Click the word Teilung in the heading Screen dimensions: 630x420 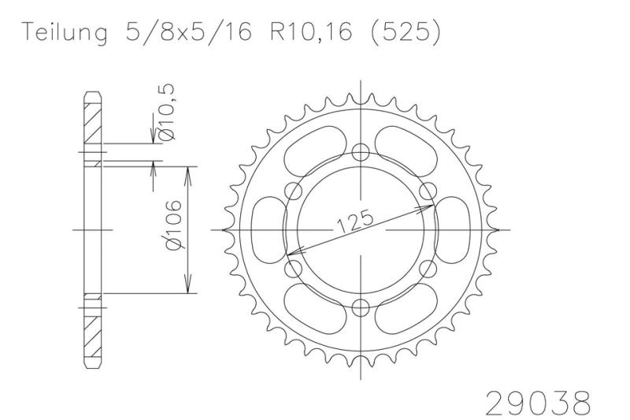point(65,32)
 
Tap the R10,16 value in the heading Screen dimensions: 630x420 point(311,32)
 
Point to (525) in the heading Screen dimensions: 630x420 point(405,32)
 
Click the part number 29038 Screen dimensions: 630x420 point(539,403)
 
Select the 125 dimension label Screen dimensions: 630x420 point(355,222)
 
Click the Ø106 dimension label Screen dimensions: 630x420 point(173,225)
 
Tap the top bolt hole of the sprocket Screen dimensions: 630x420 point(361,152)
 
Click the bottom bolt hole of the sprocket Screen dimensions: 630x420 point(361,308)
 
